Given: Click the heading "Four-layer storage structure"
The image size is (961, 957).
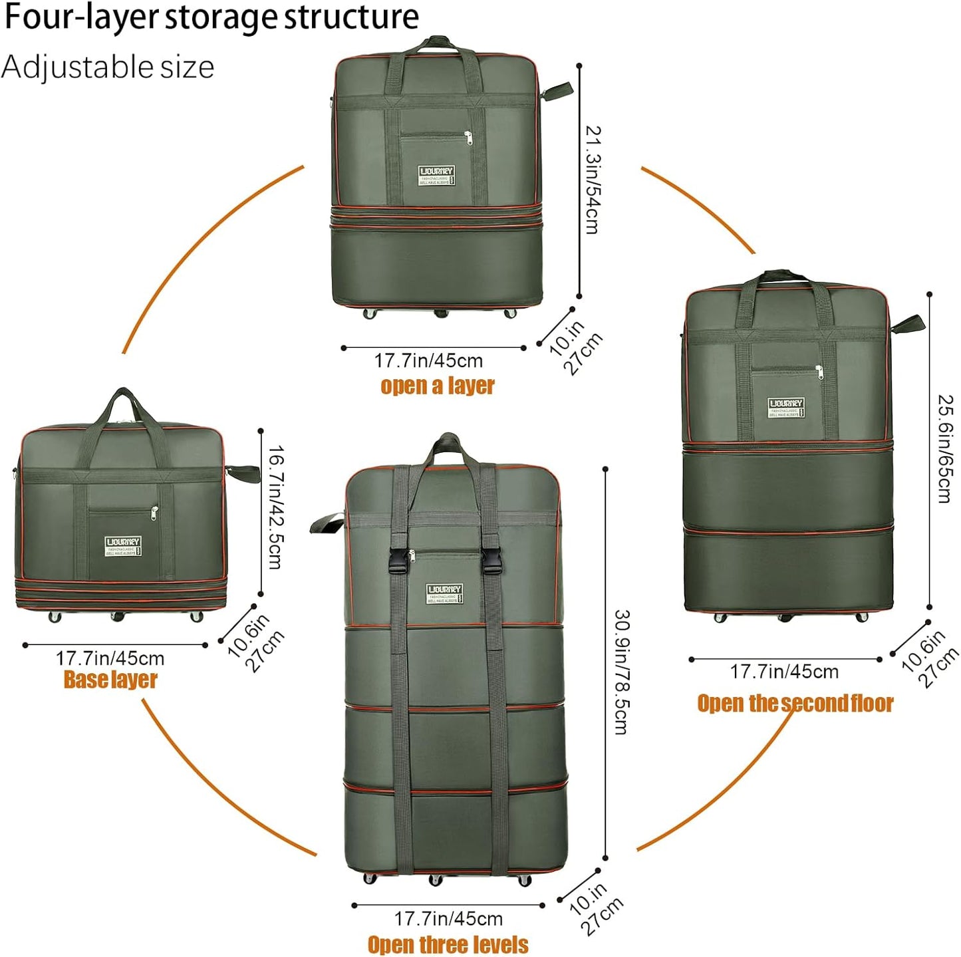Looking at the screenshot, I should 211,18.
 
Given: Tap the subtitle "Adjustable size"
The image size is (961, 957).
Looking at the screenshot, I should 108,67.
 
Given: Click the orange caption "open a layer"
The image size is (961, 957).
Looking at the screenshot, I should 437,386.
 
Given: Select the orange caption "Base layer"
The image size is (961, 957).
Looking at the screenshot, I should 110,680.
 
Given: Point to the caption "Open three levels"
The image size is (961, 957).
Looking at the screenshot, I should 448,944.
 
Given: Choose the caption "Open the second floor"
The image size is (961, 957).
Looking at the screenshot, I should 795,703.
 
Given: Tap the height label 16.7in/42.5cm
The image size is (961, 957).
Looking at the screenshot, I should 275,507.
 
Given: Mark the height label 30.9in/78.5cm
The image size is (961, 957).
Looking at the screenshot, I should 620,672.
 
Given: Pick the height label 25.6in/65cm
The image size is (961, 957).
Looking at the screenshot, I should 944,449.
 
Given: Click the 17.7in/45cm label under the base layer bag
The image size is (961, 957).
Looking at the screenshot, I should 110,658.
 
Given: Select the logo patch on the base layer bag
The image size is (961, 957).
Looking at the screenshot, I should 123,546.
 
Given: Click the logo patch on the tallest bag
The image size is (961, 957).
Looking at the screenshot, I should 444,593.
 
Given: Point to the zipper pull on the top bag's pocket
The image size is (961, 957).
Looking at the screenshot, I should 468,138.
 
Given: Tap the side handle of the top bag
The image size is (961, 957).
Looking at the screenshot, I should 556,91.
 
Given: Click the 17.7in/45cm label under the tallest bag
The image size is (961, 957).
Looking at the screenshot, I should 448,919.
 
